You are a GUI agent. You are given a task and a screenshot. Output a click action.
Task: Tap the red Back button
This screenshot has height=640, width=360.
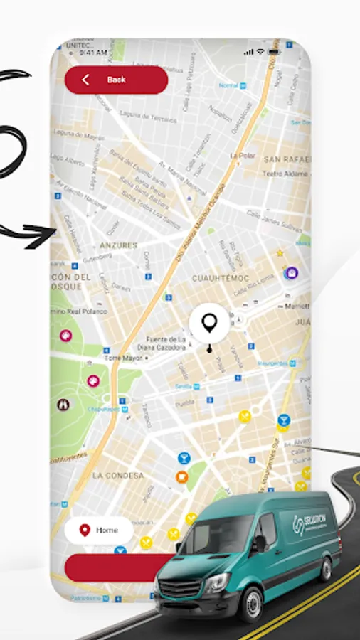pos(116,80)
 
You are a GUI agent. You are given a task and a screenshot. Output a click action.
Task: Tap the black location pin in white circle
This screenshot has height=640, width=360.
pos(208,324)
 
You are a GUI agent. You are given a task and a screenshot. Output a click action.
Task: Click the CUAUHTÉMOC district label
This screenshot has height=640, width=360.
pos(219,278)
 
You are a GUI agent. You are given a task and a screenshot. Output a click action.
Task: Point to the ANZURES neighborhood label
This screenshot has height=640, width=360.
pos(118,245)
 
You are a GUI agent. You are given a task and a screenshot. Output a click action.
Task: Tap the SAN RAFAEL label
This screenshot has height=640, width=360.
pos(286,159)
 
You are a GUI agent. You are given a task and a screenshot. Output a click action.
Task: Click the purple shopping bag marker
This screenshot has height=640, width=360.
pos(291,272)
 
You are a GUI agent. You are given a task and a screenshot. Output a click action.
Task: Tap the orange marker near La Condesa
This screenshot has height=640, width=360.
pos(182,476)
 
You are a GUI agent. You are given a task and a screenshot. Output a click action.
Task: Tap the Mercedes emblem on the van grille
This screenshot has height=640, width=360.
pos(171,572)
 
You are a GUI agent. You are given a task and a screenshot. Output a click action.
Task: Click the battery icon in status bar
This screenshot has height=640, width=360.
pos(275,52)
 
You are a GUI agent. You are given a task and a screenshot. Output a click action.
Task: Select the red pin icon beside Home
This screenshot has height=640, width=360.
pos(85,530)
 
